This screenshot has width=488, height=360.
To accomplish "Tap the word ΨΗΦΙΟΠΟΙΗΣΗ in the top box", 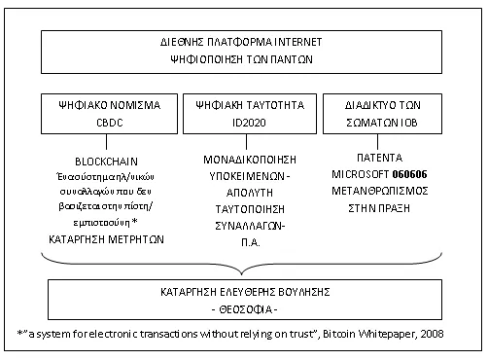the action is [206, 59].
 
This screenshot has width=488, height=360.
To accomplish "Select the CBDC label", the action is [110, 123].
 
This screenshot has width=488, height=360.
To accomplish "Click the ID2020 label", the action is [249, 123].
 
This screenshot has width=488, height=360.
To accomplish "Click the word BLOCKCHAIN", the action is [106, 162].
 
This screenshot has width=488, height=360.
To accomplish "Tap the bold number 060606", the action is [409, 174].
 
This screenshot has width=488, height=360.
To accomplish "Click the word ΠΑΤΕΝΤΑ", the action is [379, 158].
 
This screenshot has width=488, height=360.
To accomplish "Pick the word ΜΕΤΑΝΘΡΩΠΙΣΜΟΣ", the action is [380, 191].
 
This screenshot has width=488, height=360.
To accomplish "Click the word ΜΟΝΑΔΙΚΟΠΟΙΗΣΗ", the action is [250, 160].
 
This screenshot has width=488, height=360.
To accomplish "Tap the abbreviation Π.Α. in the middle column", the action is [251, 242].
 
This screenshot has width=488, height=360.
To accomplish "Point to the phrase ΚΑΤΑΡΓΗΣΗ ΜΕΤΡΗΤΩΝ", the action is [106, 239].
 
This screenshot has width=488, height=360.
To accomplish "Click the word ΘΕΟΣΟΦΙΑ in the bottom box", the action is [246, 310].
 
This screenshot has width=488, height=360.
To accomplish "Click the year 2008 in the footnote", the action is [432, 334].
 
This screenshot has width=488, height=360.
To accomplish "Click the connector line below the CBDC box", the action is [106, 142].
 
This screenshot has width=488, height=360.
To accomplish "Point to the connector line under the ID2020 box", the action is [246, 142].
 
